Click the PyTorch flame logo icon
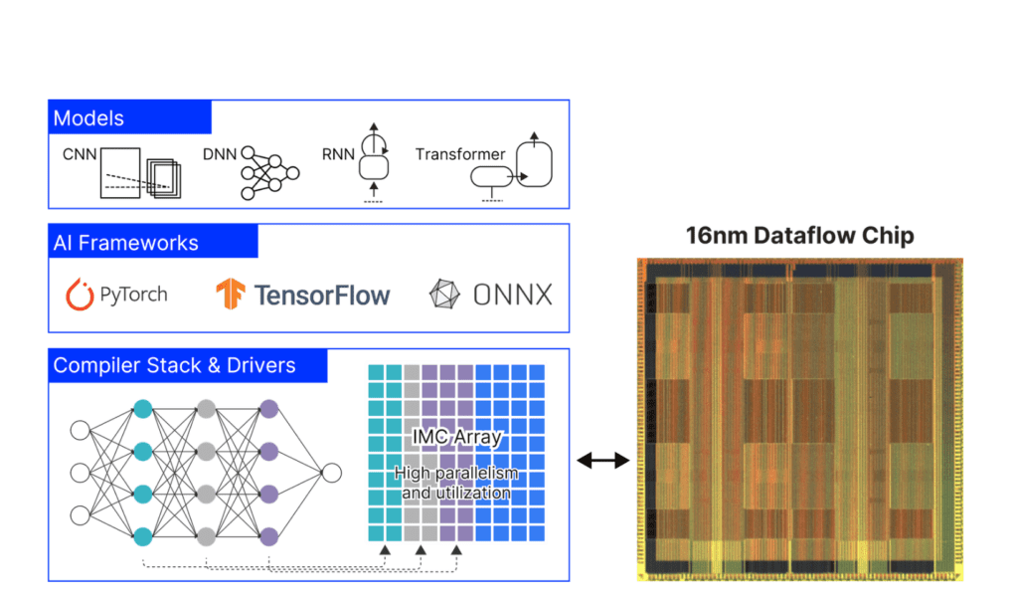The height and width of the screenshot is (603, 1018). [80, 294]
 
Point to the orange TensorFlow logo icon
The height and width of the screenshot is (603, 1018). [231, 294]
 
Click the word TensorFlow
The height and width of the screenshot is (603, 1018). [322, 295]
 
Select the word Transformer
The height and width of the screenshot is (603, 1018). [460, 154]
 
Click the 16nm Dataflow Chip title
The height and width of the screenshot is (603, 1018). [799, 236]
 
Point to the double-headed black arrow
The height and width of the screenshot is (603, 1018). [603, 460]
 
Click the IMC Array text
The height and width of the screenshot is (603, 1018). [457, 438]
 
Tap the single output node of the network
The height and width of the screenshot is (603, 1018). [332, 473]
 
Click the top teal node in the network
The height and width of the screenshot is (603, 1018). [142, 409]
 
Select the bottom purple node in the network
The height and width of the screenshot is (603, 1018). [267, 536]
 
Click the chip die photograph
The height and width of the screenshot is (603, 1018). [799, 418]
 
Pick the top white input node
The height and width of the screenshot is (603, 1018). [81, 430]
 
